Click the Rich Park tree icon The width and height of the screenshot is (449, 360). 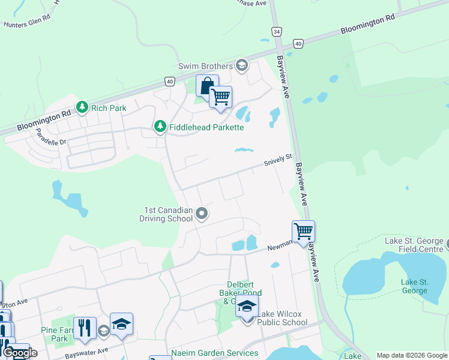(82, 107)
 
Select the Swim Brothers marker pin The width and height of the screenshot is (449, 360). (242, 65)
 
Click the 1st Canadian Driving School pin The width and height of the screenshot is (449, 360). (202, 213)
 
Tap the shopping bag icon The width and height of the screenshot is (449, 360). (206, 85)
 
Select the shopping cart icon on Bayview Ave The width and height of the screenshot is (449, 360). (303, 231)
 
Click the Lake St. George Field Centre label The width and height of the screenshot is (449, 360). (415, 245)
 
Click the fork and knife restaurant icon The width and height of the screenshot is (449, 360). (85, 328)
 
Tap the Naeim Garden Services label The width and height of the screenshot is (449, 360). (214, 353)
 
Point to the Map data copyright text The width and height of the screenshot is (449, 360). (412, 355)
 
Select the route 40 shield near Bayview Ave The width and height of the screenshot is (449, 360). (298, 43)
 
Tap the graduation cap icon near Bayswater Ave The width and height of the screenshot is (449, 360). (121, 325)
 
